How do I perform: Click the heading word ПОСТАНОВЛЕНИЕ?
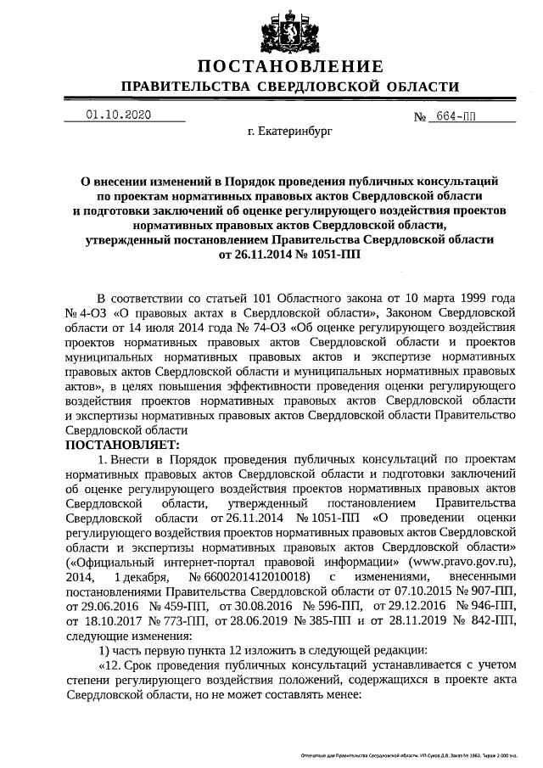[290, 67]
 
